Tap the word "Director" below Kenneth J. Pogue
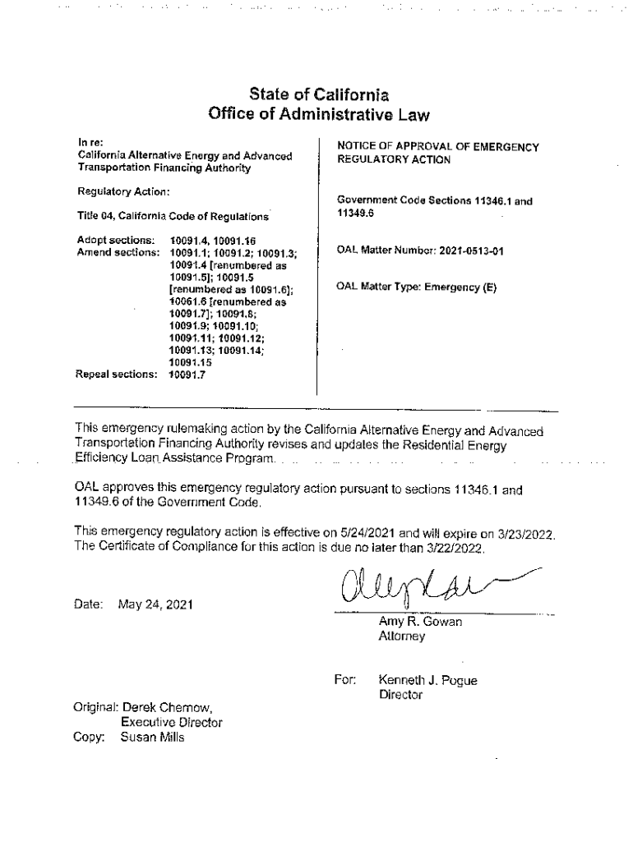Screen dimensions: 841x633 point(400,695)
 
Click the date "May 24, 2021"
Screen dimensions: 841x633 point(156,605)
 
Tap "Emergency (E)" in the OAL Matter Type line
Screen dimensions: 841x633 point(460,287)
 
